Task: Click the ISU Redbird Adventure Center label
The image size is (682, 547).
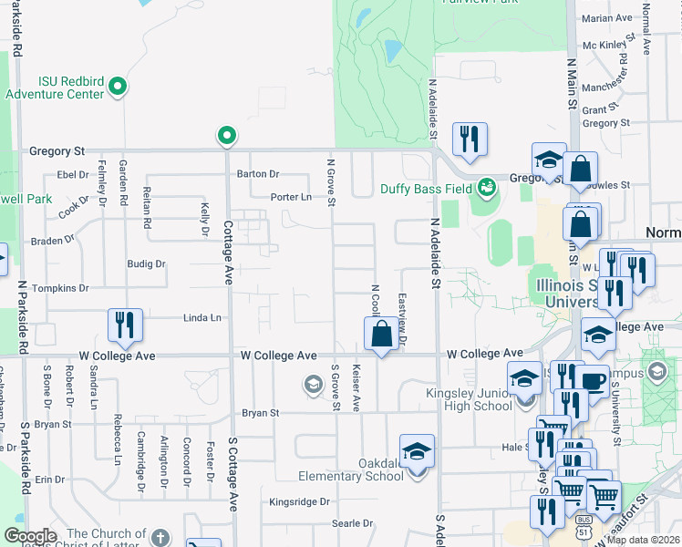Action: pyautogui.click(x=55, y=87)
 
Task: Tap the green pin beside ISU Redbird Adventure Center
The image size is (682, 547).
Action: pyautogui.click(x=117, y=88)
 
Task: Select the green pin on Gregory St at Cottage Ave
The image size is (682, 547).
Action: pyautogui.click(x=227, y=137)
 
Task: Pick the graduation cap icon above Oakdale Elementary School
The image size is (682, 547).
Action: pyautogui.click(x=417, y=452)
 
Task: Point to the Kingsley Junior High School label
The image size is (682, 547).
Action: pyautogui.click(x=469, y=399)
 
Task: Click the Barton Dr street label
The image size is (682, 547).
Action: pyautogui.click(x=258, y=173)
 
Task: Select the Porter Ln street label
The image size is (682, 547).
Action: pyautogui.click(x=290, y=197)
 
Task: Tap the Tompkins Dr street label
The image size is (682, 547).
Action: pyautogui.click(x=60, y=288)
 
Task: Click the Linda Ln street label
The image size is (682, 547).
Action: pyautogui.click(x=202, y=318)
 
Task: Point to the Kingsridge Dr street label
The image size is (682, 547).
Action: pyautogui.click(x=299, y=501)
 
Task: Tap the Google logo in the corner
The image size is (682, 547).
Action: pyautogui.click(x=30, y=536)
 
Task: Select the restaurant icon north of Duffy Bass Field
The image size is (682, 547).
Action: pyautogui.click(x=470, y=139)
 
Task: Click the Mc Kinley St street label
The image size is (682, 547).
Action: pyautogui.click(x=607, y=45)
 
